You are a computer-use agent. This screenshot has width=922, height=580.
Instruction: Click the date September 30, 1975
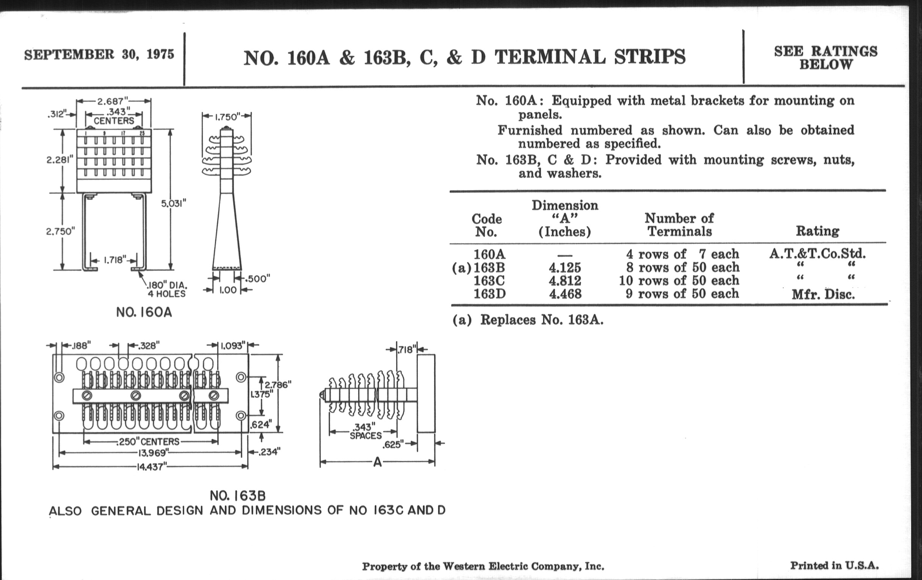click(99, 54)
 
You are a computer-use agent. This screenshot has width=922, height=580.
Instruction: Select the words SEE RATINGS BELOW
click(825, 58)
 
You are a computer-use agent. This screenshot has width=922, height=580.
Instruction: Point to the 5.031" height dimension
click(174, 203)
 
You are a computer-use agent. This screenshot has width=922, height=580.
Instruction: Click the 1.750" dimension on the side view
click(227, 117)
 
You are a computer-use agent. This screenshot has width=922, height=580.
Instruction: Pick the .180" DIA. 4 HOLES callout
click(167, 289)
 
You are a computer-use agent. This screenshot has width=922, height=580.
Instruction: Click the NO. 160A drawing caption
click(144, 312)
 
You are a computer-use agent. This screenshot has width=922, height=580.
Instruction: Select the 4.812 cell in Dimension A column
click(565, 281)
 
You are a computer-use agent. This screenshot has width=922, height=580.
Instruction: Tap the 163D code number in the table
click(489, 294)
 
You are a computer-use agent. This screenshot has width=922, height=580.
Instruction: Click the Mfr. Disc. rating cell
click(823, 295)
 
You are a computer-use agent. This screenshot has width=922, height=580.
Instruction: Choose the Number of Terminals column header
click(679, 225)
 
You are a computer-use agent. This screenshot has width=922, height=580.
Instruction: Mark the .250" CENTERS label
click(147, 442)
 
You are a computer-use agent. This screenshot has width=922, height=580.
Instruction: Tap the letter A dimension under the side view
click(377, 462)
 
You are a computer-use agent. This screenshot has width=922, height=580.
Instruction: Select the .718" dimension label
click(407, 350)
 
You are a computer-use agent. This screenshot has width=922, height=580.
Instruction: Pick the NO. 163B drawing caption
click(237, 496)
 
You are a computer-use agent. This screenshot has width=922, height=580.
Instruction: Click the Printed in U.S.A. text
click(834, 566)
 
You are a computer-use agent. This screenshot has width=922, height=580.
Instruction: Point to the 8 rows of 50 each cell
click(682, 267)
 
